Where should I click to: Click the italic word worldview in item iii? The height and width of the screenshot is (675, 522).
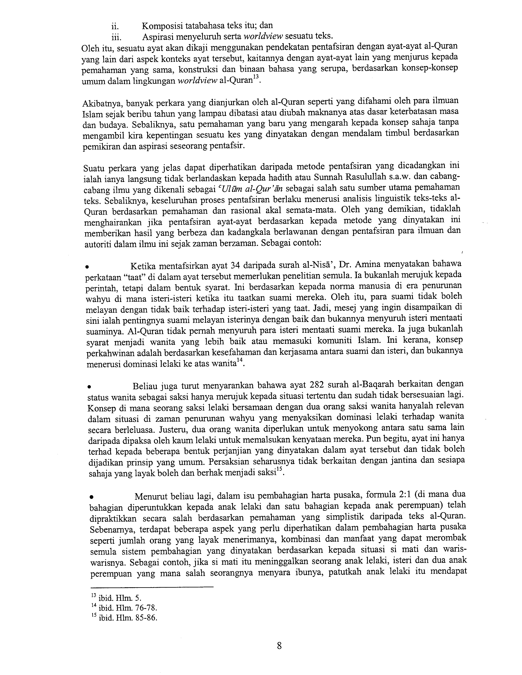point(263,36)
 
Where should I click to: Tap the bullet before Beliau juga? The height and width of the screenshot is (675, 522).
point(89,386)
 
